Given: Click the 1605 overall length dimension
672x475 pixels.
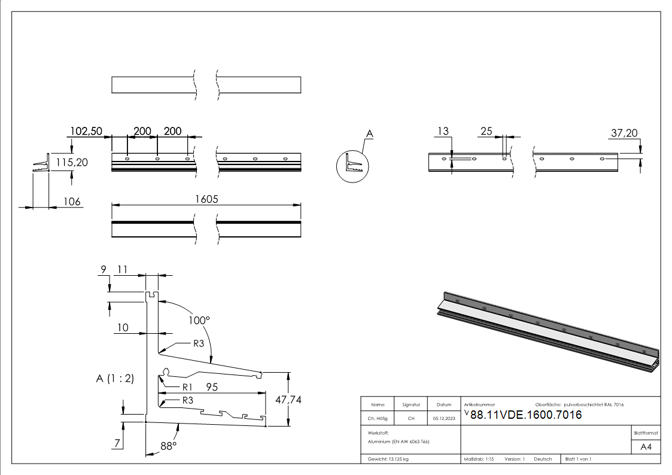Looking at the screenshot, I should (206, 199).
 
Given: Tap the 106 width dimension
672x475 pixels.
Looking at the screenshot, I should (72, 202).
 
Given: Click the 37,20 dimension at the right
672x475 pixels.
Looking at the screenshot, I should (624, 133).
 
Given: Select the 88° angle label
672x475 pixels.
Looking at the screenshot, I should (168, 446).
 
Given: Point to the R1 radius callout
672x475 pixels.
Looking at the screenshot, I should (187, 386).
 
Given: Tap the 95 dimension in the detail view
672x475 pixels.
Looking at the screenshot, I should (211, 387).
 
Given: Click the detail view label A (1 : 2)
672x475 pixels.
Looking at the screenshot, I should (114, 378).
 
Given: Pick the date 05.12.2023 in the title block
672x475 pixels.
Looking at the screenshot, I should (443, 418).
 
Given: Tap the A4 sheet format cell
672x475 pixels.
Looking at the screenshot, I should (646, 447).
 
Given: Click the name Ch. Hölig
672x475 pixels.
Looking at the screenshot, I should (377, 418).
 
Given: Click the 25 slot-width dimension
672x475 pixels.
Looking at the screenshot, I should (486, 131).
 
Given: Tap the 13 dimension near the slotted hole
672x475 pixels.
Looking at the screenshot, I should (443, 131).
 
